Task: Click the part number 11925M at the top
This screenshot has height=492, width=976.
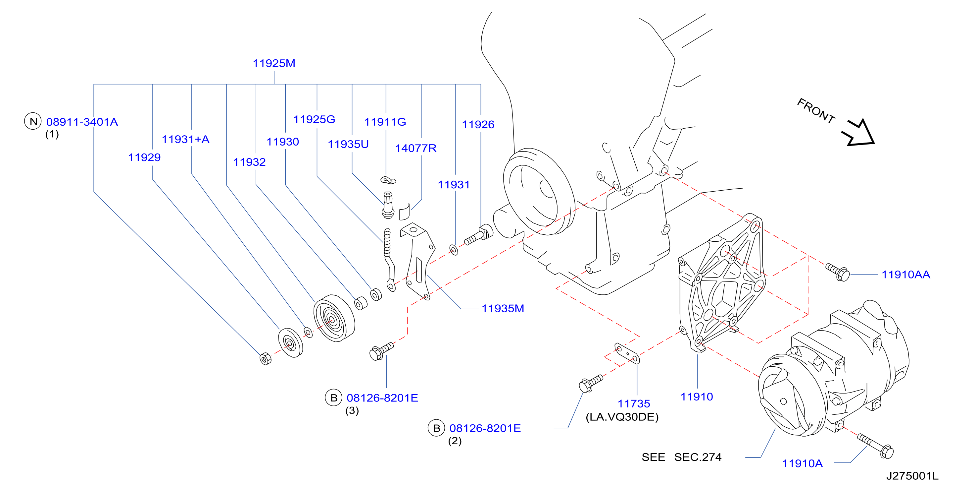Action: pyautogui.click(x=274, y=63)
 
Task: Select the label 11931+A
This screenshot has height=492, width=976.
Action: pyautogui.click(x=186, y=139)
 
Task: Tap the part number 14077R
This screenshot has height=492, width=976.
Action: pyautogui.click(x=416, y=148)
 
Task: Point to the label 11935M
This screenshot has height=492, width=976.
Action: pyautogui.click(x=503, y=308)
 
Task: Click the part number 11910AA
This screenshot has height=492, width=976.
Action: pyautogui.click(x=906, y=275)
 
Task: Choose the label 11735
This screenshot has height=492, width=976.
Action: pyautogui.click(x=634, y=403)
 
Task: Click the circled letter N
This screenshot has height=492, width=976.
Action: pyautogui.click(x=33, y=121)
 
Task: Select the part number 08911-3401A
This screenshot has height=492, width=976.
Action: pyautogui.click(x=82, y=122)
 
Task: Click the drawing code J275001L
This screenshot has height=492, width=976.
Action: pyautogui.click(x=912, y=476)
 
